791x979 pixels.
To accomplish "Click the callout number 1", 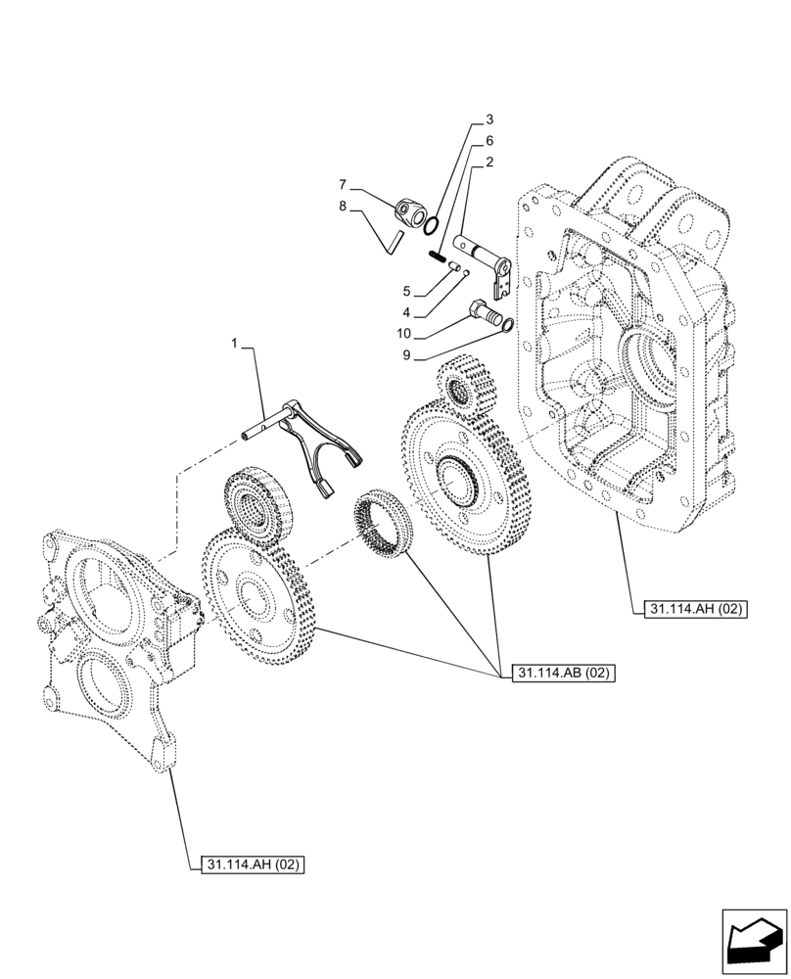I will [x=234, y=344].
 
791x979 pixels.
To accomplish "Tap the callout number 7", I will [x=344, y=183].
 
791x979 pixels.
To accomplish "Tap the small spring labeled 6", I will [x=437, y=256].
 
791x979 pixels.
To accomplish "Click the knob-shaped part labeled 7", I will [x=411, y=211].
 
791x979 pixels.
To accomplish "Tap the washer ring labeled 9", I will [x=509, y=324].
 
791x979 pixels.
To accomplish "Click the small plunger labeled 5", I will [x=454, y=264].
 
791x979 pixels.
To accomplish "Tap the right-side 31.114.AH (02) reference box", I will [x=696, y=609].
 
